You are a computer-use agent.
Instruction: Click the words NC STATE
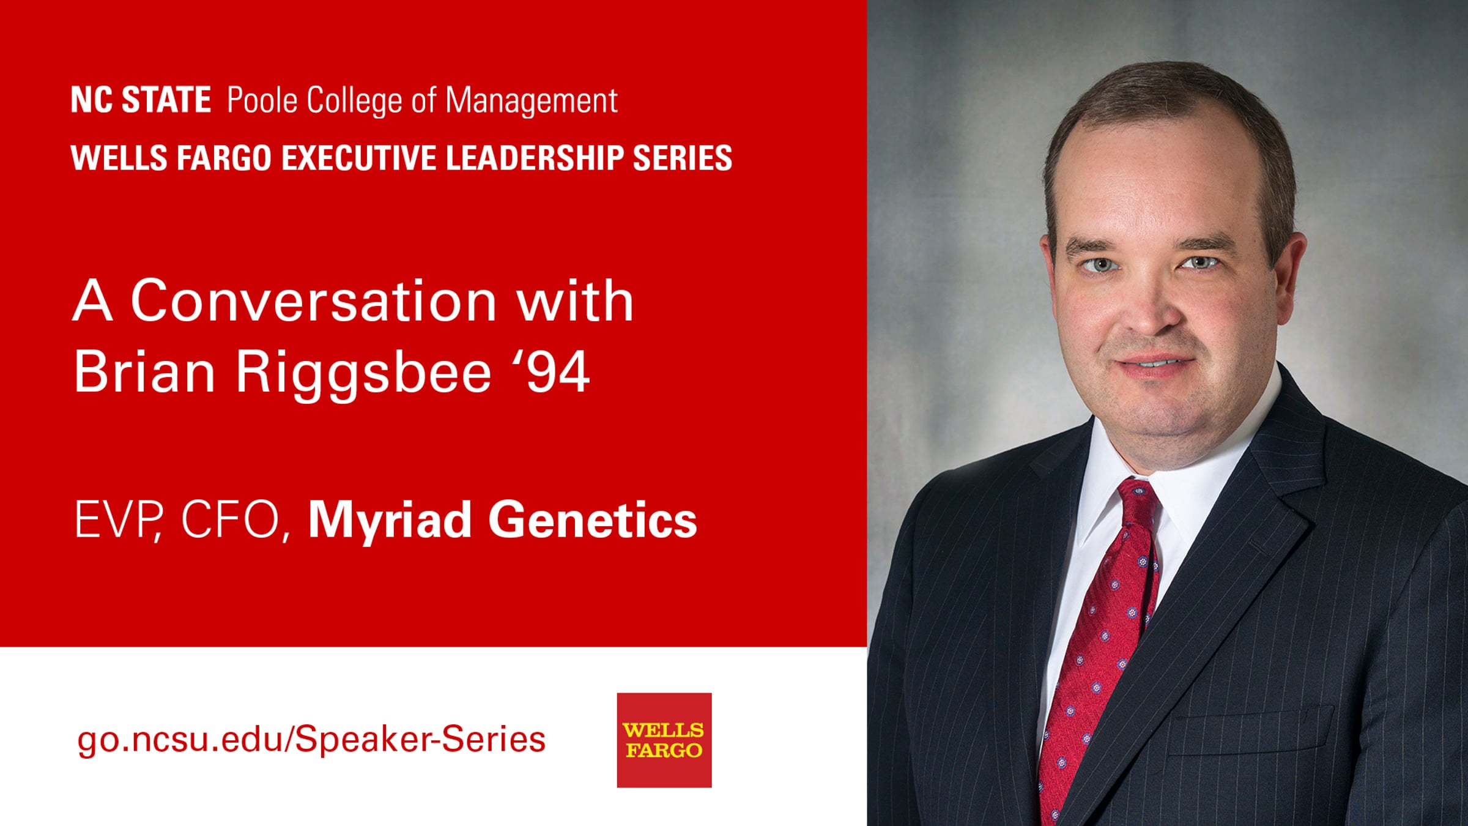coord(141,100)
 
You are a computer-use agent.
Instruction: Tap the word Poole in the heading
coord(262,100)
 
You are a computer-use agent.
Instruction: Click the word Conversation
coord(313,300)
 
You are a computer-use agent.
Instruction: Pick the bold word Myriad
coord(390,521)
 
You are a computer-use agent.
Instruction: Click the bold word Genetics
coord(592,519)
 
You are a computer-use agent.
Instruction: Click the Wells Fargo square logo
coord(664,740)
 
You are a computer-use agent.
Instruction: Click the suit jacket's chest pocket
coord(1251,731)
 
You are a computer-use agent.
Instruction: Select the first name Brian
coord(144,371)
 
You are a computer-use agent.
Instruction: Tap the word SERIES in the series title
coord(683,158)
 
